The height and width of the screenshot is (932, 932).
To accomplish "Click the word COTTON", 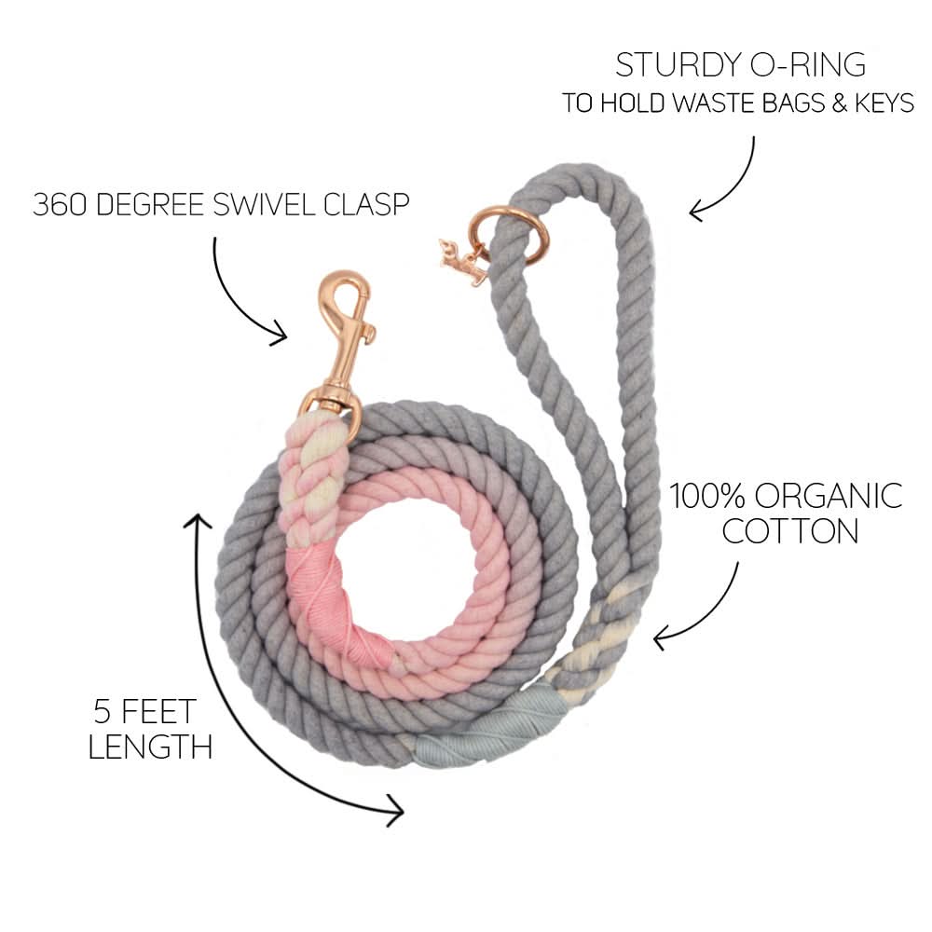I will (x=790, y=531).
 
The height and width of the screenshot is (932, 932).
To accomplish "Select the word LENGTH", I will (x=149, y=746).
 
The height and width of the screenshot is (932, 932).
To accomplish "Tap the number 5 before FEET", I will (x=105, y=711).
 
